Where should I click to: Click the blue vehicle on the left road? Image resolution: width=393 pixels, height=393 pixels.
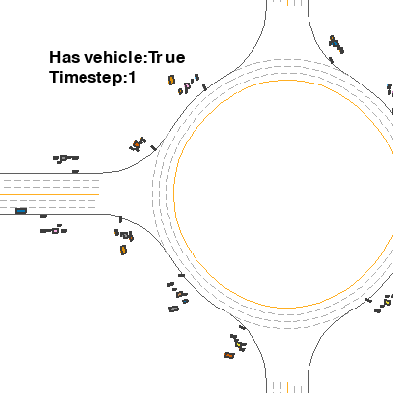[21, 211]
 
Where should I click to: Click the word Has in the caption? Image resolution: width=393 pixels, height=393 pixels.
[65, 57]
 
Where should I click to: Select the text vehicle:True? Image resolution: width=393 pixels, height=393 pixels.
[135, 57]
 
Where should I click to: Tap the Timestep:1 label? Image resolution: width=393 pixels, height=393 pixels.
[92, 78]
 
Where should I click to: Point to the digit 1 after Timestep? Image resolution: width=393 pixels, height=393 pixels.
[132, 78]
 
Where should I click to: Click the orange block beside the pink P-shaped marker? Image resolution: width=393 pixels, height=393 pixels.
[171, 80]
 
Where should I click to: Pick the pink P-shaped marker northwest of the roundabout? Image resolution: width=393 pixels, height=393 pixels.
[187, 87]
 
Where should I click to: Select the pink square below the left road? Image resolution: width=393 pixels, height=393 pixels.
[55, 231]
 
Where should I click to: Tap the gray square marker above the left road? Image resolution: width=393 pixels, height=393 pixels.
[63, 158]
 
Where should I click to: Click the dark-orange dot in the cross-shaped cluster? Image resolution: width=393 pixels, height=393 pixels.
[136, 144]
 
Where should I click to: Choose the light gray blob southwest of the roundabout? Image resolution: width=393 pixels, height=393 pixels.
[173, 309]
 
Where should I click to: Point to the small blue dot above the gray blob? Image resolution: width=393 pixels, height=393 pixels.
[185, 301]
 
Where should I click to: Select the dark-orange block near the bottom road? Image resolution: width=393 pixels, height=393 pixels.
[229, 355]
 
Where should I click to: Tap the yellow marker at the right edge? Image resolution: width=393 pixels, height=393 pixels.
[387, 302]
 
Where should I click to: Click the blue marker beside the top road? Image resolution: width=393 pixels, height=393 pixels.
[334, 42]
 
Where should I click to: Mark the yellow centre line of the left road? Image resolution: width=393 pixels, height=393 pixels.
[49, 195]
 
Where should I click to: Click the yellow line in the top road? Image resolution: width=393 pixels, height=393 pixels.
[288, 3]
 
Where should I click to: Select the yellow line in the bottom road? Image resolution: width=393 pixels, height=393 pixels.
[288, 387]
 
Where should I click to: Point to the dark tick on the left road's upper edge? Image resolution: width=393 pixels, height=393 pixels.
[75, 171]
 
